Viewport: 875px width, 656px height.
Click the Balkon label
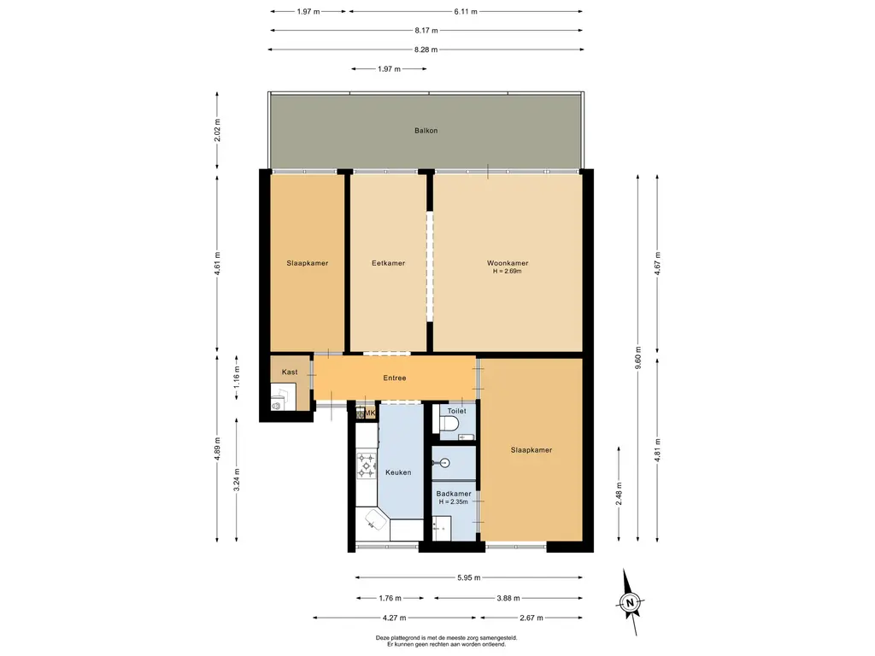tap(426, 131)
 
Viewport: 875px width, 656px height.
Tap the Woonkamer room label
tap(508, 263)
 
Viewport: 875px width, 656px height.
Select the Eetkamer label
tap(389, 263)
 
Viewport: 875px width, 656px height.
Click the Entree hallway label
tap(395, 378)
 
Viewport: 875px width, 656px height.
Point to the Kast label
tap(290, 372)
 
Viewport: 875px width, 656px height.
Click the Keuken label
tap(398, 472)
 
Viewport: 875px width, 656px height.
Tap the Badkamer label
tap(454, 494)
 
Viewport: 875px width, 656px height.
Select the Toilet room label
tap(456, 411)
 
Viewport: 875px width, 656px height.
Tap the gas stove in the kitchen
tap(367, 466)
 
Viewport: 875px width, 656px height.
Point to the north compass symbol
tap(631, 602)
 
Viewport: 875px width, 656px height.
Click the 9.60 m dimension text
tap(637, 358)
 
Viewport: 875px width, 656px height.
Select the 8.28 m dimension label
tap(426, 50)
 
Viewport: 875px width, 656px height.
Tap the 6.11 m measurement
tap(466, 11)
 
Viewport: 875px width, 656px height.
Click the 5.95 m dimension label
tap(469, 578)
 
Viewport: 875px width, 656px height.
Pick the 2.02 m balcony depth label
tap(217, 131)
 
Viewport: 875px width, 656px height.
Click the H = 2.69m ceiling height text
tap(508, 272)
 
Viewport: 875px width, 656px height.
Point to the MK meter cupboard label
tap(369, 413)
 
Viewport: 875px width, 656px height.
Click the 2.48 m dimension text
tap(619, 495)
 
